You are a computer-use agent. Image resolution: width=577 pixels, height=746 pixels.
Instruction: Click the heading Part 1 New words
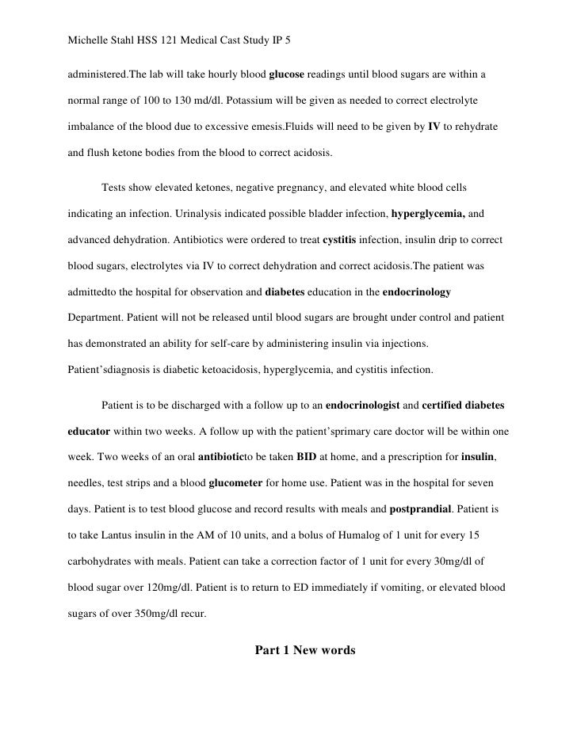tap(304, 651)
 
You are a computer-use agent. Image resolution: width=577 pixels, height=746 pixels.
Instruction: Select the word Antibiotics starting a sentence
tap(216, 240)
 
